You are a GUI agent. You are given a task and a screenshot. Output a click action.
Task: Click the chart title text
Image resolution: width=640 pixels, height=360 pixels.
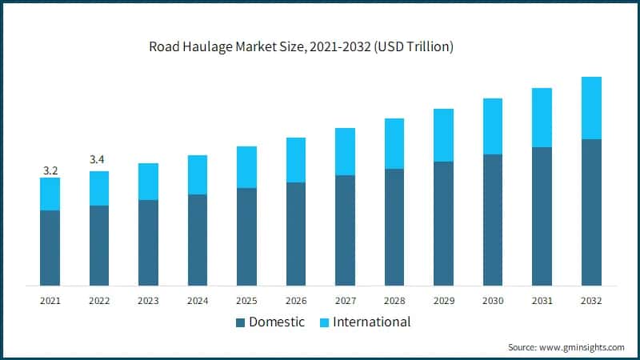pos(301,46)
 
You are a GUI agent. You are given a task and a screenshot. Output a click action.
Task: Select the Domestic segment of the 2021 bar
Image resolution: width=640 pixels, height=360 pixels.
pos(50,247)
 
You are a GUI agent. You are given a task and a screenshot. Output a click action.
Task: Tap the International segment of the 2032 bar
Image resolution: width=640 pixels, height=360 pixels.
pos(591,108)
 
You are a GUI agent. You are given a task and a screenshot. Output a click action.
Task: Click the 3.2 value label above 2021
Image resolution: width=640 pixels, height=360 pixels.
pos(50,170)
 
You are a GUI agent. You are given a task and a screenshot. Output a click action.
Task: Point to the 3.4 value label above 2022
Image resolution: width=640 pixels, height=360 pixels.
pos(98,160)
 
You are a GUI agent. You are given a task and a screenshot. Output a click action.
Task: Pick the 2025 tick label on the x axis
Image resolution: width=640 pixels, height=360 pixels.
pos(246,301)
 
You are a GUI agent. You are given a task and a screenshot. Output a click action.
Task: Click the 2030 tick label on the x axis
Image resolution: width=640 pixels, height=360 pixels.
pos(493,301)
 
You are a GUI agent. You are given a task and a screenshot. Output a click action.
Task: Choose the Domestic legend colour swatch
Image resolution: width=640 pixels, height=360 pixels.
pos(240,323)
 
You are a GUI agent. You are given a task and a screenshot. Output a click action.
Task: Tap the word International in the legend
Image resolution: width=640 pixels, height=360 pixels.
pos(371,322)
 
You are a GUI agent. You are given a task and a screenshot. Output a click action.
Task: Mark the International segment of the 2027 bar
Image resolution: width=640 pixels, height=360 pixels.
pos(345,151)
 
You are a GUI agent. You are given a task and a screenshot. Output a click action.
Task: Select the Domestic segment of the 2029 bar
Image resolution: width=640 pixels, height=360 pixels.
pos(443,223)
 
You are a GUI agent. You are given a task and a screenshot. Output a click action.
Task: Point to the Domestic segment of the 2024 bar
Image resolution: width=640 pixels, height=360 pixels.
pos(197,239)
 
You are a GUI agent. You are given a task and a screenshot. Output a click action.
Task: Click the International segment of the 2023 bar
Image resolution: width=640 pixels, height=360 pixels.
pos(148,182)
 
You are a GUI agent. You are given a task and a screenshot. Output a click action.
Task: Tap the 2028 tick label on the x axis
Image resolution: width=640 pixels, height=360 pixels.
pos(394,301)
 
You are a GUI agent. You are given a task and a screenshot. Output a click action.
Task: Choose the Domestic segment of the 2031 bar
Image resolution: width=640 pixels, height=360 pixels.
pos(542,216)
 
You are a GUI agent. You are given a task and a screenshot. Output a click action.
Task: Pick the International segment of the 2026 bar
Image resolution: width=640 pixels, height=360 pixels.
pos(296,160)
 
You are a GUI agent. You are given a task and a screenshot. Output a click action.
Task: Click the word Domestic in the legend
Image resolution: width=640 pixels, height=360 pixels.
pos(277,322)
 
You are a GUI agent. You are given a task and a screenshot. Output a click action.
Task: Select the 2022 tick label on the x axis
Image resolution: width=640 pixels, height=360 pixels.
pos(98,301)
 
